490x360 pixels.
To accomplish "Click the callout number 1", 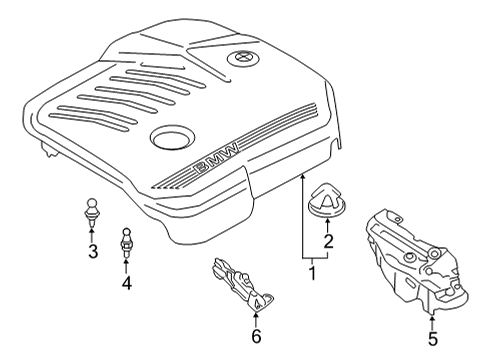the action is (312, 273).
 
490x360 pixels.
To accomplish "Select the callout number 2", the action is (328, 241).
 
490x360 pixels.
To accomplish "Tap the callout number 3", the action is (93, 251).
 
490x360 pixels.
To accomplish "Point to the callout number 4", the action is (126, 283).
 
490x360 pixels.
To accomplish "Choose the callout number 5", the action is (432, 339).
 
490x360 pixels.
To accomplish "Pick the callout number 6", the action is (256, 336).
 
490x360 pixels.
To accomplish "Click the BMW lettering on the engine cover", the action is (217, 158).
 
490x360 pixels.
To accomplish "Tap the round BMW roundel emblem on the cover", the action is (243, 60).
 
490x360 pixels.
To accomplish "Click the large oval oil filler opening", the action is (172, 136).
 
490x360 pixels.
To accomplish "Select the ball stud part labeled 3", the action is (92, 211).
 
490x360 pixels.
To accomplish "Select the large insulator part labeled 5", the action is (417, 262).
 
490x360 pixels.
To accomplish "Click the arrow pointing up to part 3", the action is (92, 233).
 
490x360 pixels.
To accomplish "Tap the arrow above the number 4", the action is (126, 266).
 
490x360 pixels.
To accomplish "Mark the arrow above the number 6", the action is (256, 319).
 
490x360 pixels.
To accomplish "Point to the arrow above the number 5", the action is (432, 322).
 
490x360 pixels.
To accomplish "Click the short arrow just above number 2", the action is (327, 225).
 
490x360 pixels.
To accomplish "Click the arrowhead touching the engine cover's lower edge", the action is (303, 178).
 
